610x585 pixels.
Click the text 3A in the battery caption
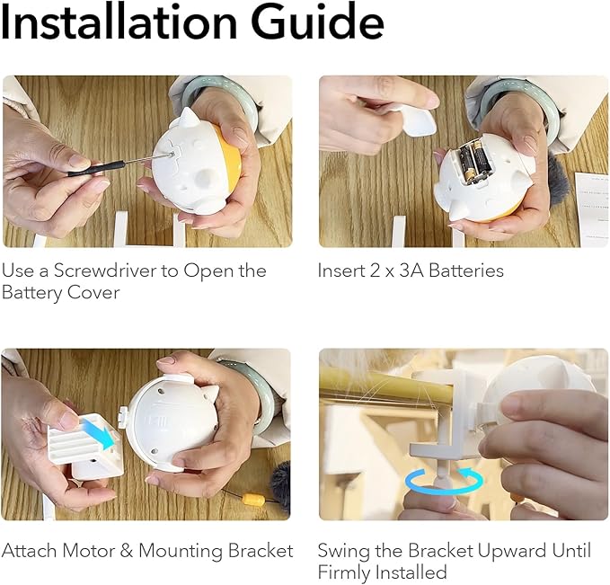(x=402, y=270)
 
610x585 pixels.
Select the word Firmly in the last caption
(x=343, y=572)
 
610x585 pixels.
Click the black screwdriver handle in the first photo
(x=91, y=166)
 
